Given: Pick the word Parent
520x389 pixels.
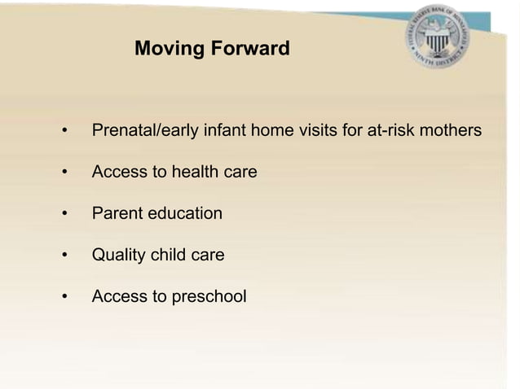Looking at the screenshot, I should coord(117,213).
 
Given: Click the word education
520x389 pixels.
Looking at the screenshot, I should coord(185,213).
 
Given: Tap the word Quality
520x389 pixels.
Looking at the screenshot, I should coord(119,256).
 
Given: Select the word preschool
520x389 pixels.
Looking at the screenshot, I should coord(209,298).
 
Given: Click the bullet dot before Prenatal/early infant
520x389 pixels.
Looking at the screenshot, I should coord(63,131).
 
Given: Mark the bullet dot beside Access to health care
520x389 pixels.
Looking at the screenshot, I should coord(63,173).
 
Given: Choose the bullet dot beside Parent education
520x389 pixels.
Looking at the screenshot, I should coord(63,215).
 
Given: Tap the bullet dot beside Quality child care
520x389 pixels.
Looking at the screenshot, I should coord(63,256).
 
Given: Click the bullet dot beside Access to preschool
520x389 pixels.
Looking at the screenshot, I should coord(63,298).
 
